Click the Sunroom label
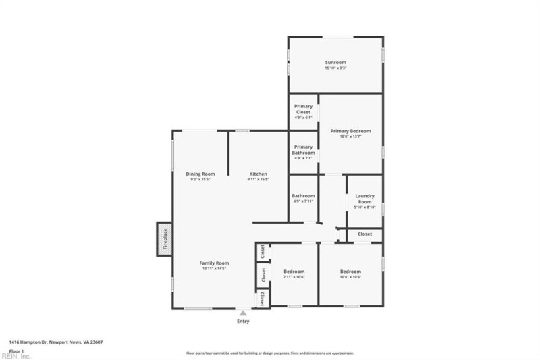coord(335,62)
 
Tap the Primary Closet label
coord(303,109)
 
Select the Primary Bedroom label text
coord(350,131)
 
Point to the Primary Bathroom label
coord(303,150)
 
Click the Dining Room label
coord(200,174)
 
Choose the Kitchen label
coord(258,174)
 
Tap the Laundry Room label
coord(364,199)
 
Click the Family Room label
coord(214,263)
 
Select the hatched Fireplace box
coord(163,239)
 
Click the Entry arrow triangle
coord(243,313)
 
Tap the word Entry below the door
coord(243,322)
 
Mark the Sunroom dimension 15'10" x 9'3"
coord(335,68)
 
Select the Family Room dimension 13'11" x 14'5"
coord(214,269)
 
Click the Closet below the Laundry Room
coord(364,234)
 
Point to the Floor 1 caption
coord(16,351)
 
